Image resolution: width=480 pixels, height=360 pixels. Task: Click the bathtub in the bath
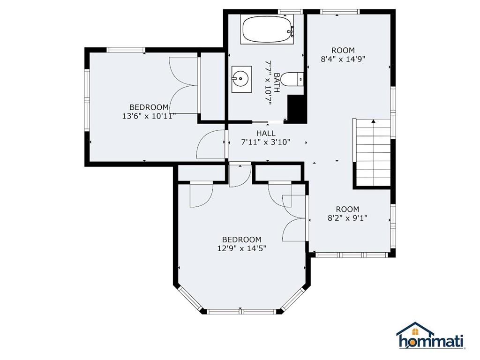[268, 30]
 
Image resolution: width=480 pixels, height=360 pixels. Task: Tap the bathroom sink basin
[241, 79]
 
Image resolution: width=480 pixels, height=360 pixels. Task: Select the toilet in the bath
[292, 79]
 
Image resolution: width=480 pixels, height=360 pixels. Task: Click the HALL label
[266, 133]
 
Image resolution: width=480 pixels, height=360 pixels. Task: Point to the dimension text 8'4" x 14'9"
[343, 59]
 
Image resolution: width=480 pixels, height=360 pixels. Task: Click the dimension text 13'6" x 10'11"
[149, 116]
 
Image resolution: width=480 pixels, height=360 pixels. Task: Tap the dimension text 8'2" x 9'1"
[347, 218]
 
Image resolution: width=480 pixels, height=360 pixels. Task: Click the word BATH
[277, 82]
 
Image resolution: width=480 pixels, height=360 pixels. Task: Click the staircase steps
[373, 152]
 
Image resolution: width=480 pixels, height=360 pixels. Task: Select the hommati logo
[431, 336]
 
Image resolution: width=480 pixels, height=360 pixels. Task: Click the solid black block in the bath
[297, 108]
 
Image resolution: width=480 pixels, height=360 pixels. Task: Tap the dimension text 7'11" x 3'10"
[266, 142]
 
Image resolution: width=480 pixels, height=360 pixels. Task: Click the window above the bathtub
[291, 12]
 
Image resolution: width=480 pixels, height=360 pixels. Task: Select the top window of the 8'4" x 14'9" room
[339, 12]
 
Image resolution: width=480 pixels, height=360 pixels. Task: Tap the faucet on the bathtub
[291, 30]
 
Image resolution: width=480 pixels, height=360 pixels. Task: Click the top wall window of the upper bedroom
[126, 50]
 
